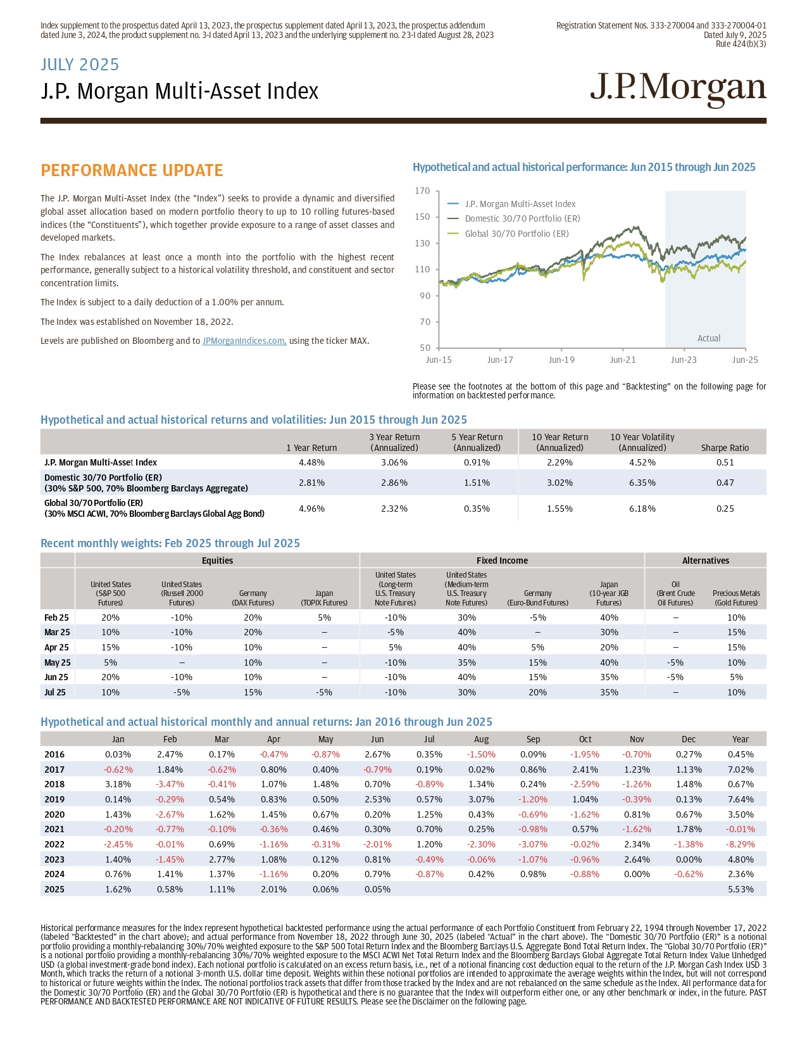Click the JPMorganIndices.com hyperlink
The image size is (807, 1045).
[244, 341]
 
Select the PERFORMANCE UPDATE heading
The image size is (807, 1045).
[132, 170]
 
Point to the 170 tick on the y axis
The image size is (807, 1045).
[422, 191]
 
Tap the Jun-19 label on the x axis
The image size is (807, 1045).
[561, 360]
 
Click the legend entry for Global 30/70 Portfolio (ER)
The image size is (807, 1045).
[516, 234]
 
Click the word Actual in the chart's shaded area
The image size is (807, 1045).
[708, 338]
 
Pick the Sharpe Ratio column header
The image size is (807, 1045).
[725, 448]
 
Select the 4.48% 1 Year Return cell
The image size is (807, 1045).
[311, 462]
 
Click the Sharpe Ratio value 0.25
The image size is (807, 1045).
[725, 509]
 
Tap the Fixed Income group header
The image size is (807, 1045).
[502, 560]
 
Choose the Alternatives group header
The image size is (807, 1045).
[705, 560]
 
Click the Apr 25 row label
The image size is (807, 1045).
[56, 647]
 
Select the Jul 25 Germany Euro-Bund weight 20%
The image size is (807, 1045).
[537, 692]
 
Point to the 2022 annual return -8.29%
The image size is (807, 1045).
[740, 844]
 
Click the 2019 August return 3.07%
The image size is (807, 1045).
[481, 799]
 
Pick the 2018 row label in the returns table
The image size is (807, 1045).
[54, 784]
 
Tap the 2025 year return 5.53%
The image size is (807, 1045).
[740, 889]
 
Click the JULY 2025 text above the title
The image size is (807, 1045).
[80, 65]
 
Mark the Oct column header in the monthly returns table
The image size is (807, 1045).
[585, 739]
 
